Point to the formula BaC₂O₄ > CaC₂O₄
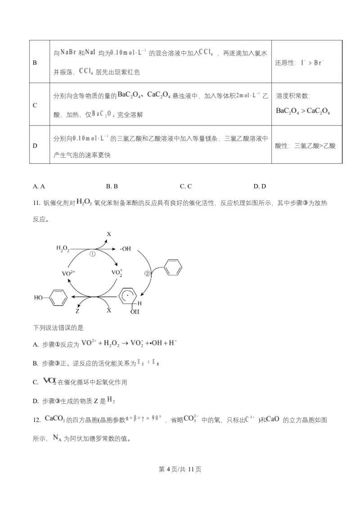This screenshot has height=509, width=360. click(x=303, y=111)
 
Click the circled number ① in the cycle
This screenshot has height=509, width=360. click(x=93, y=254)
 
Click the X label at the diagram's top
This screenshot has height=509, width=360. click(x=109, y=234)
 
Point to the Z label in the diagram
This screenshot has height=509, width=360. click(x=77, y=311)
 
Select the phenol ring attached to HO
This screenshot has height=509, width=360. click(x=58, y=297)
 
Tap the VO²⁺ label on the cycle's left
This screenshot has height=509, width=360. click(x=68, y=272)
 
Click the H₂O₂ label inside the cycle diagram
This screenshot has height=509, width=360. click(x=63, y=248)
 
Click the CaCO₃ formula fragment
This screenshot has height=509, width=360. click(x=55, y=419)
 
